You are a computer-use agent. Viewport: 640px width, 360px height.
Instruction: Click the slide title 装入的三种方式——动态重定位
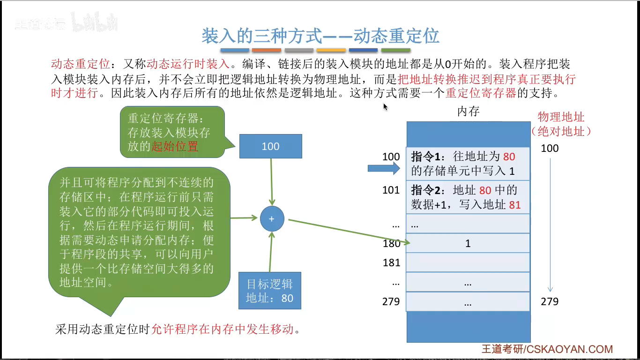pyautogui.click(x=320, y=36)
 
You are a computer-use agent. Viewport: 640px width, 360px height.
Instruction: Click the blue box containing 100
pyautogui.click(x=270, y=146)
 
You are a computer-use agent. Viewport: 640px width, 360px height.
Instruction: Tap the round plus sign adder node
pyautogui.click(x=272, y=219)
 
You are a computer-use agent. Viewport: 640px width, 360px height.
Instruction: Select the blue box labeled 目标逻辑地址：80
pyautogui.click(x=270, y=291)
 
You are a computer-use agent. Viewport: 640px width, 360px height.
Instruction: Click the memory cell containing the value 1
pyautogui.click(x=468, y=243)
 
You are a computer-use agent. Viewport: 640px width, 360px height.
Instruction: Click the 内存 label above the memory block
pyautogui.click(x=468, y=112)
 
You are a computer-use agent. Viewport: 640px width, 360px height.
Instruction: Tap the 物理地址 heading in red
pyautogui.click(x=561, y=117)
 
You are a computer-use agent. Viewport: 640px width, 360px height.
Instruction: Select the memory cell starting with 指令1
pyautogui.click(x=468, y=163)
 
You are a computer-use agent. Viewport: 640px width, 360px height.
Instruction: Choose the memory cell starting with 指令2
pyautogui.click(x=468, y=197)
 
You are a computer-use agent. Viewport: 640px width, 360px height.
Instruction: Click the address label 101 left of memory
pyautogui.click(x=391, y=190)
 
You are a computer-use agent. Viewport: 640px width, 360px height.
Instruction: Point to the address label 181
pyautogui.click(x=391, y=262)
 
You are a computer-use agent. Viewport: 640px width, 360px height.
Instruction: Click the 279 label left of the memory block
pyautogui.click(x=391, y=301)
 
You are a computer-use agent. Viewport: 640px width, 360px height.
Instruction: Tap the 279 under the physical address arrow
pyautogui.click(x=550, y=301)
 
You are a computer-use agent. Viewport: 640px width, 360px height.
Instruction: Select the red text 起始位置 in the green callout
pyautogui.click(x=175, y=146)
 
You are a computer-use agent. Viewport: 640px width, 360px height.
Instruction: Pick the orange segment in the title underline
pyautogui.click(x=266, y=50)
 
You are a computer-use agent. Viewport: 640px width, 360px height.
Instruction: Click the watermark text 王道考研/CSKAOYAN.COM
pyautogui.click(x=547, y=349)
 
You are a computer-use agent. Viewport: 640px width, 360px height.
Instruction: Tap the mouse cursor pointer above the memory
pyautogui.click(x=385, y=106)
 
